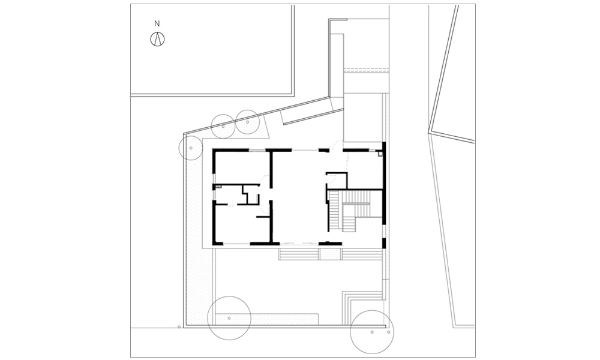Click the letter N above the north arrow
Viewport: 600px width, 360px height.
157,24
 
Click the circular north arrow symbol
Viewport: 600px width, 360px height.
157,39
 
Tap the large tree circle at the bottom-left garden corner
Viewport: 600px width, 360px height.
229,318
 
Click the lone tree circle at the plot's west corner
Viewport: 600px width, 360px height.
191,148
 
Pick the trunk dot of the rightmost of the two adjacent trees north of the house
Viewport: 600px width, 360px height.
248,122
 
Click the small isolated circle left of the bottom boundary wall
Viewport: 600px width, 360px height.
179,327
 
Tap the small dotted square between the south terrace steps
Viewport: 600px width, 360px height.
330,254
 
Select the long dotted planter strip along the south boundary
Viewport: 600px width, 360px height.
267,319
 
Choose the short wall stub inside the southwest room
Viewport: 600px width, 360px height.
263,217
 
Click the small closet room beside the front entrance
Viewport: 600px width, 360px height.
337,181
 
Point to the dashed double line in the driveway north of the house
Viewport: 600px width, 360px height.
366,70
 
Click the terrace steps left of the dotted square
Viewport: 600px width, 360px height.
299,254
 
